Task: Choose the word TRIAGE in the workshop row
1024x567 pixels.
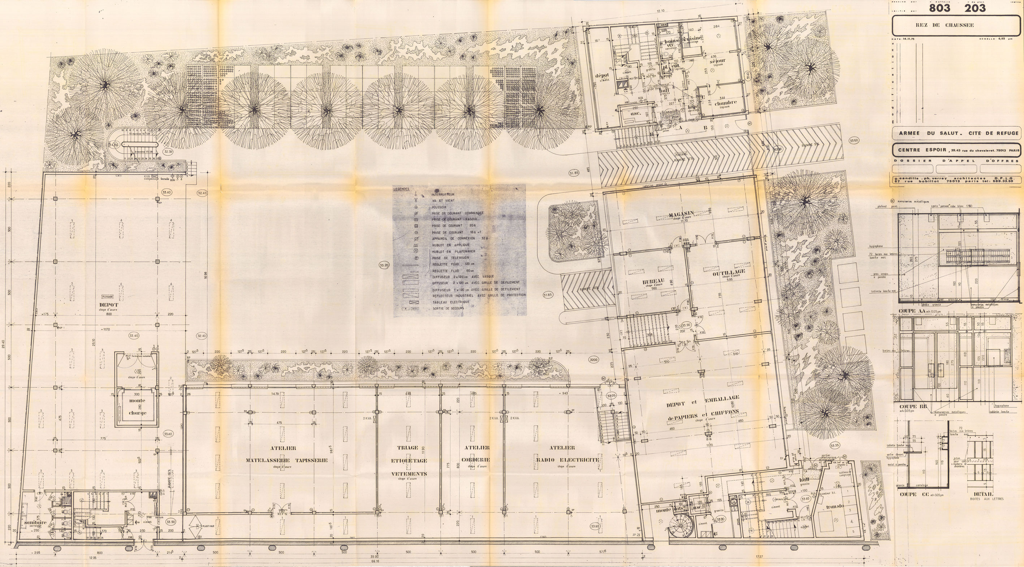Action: point(408,448)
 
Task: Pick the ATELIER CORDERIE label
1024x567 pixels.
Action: point(475,454)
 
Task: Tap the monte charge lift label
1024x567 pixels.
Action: point(138,406)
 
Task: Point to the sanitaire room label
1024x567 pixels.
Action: point(35,522)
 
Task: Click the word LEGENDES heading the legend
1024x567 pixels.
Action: point(402,189)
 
